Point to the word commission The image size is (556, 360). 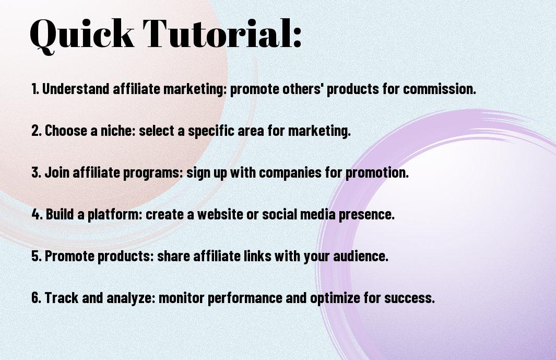440,88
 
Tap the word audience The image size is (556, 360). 361,256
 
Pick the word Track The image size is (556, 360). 62,297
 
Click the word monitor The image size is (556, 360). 182,297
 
